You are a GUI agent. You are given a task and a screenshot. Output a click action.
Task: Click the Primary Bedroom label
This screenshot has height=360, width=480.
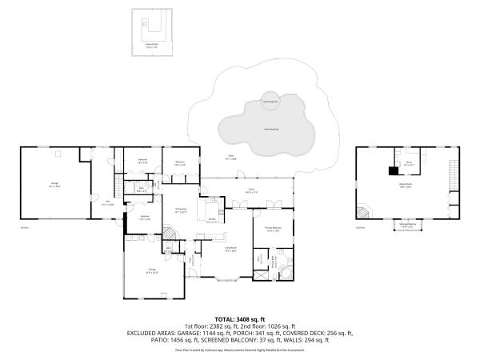274,229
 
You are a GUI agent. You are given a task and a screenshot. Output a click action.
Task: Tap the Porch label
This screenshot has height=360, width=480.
251,191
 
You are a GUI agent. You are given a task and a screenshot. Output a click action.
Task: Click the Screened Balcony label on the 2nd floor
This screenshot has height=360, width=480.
408,226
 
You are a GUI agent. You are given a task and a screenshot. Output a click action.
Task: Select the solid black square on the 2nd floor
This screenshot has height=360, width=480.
393,170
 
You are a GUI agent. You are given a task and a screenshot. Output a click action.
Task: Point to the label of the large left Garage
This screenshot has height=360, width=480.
55,185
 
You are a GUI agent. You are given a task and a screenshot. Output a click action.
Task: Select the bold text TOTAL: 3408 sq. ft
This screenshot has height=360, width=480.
240,318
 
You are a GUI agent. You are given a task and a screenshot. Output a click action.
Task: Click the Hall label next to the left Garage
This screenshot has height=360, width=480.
106,203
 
